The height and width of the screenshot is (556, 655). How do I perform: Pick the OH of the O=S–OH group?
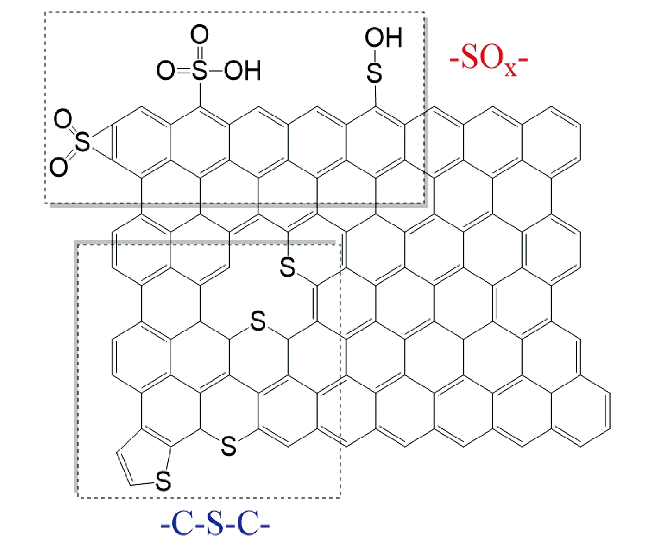(243, 71)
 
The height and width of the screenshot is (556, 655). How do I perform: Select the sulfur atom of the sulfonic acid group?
(200, 71)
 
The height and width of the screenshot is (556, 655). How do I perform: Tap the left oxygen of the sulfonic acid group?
(166, 71)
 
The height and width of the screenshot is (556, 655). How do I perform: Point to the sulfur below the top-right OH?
(375, 73)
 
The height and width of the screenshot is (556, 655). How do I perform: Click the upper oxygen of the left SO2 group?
(63, 119)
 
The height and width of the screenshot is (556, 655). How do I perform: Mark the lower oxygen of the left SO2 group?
(59, 167)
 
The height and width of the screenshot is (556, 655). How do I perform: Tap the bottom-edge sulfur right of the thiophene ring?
(229, 446)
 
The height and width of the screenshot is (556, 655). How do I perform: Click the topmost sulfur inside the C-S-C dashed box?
(288, 267)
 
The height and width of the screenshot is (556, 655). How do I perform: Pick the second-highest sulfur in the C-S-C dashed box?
(258, 321)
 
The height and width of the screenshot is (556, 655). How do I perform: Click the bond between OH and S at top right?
(375, 55)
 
